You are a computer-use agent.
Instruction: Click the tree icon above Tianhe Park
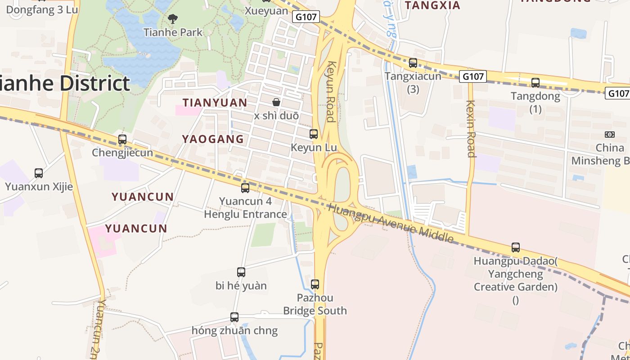[172, 19]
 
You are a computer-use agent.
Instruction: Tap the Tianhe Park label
[173, 32]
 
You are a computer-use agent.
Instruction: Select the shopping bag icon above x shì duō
[276, 102]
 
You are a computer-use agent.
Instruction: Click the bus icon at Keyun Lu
[314, 134]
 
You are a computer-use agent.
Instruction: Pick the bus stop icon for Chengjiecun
[122, 139]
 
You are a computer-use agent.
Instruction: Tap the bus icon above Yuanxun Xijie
[39, 173]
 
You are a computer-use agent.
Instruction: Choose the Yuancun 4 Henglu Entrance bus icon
[245, 188]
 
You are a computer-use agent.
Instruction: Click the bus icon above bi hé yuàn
[241, 272]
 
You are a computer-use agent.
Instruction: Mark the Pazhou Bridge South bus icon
[315, 284]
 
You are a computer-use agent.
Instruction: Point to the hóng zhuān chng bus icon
[234, 317]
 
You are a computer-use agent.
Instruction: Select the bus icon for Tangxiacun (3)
[413, 63]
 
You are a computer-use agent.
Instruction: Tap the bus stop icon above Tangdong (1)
[535, 82]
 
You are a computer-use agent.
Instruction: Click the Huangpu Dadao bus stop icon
[516, 247]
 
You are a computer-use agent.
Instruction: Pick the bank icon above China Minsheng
[610, 134]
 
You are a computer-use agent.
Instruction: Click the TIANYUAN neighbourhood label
[215, 103]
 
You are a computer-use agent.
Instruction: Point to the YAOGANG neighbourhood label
[213, 139]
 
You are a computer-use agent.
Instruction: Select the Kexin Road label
[471, 128]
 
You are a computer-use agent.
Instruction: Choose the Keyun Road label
[331, 92]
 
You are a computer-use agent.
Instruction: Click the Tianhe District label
[65, 84]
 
